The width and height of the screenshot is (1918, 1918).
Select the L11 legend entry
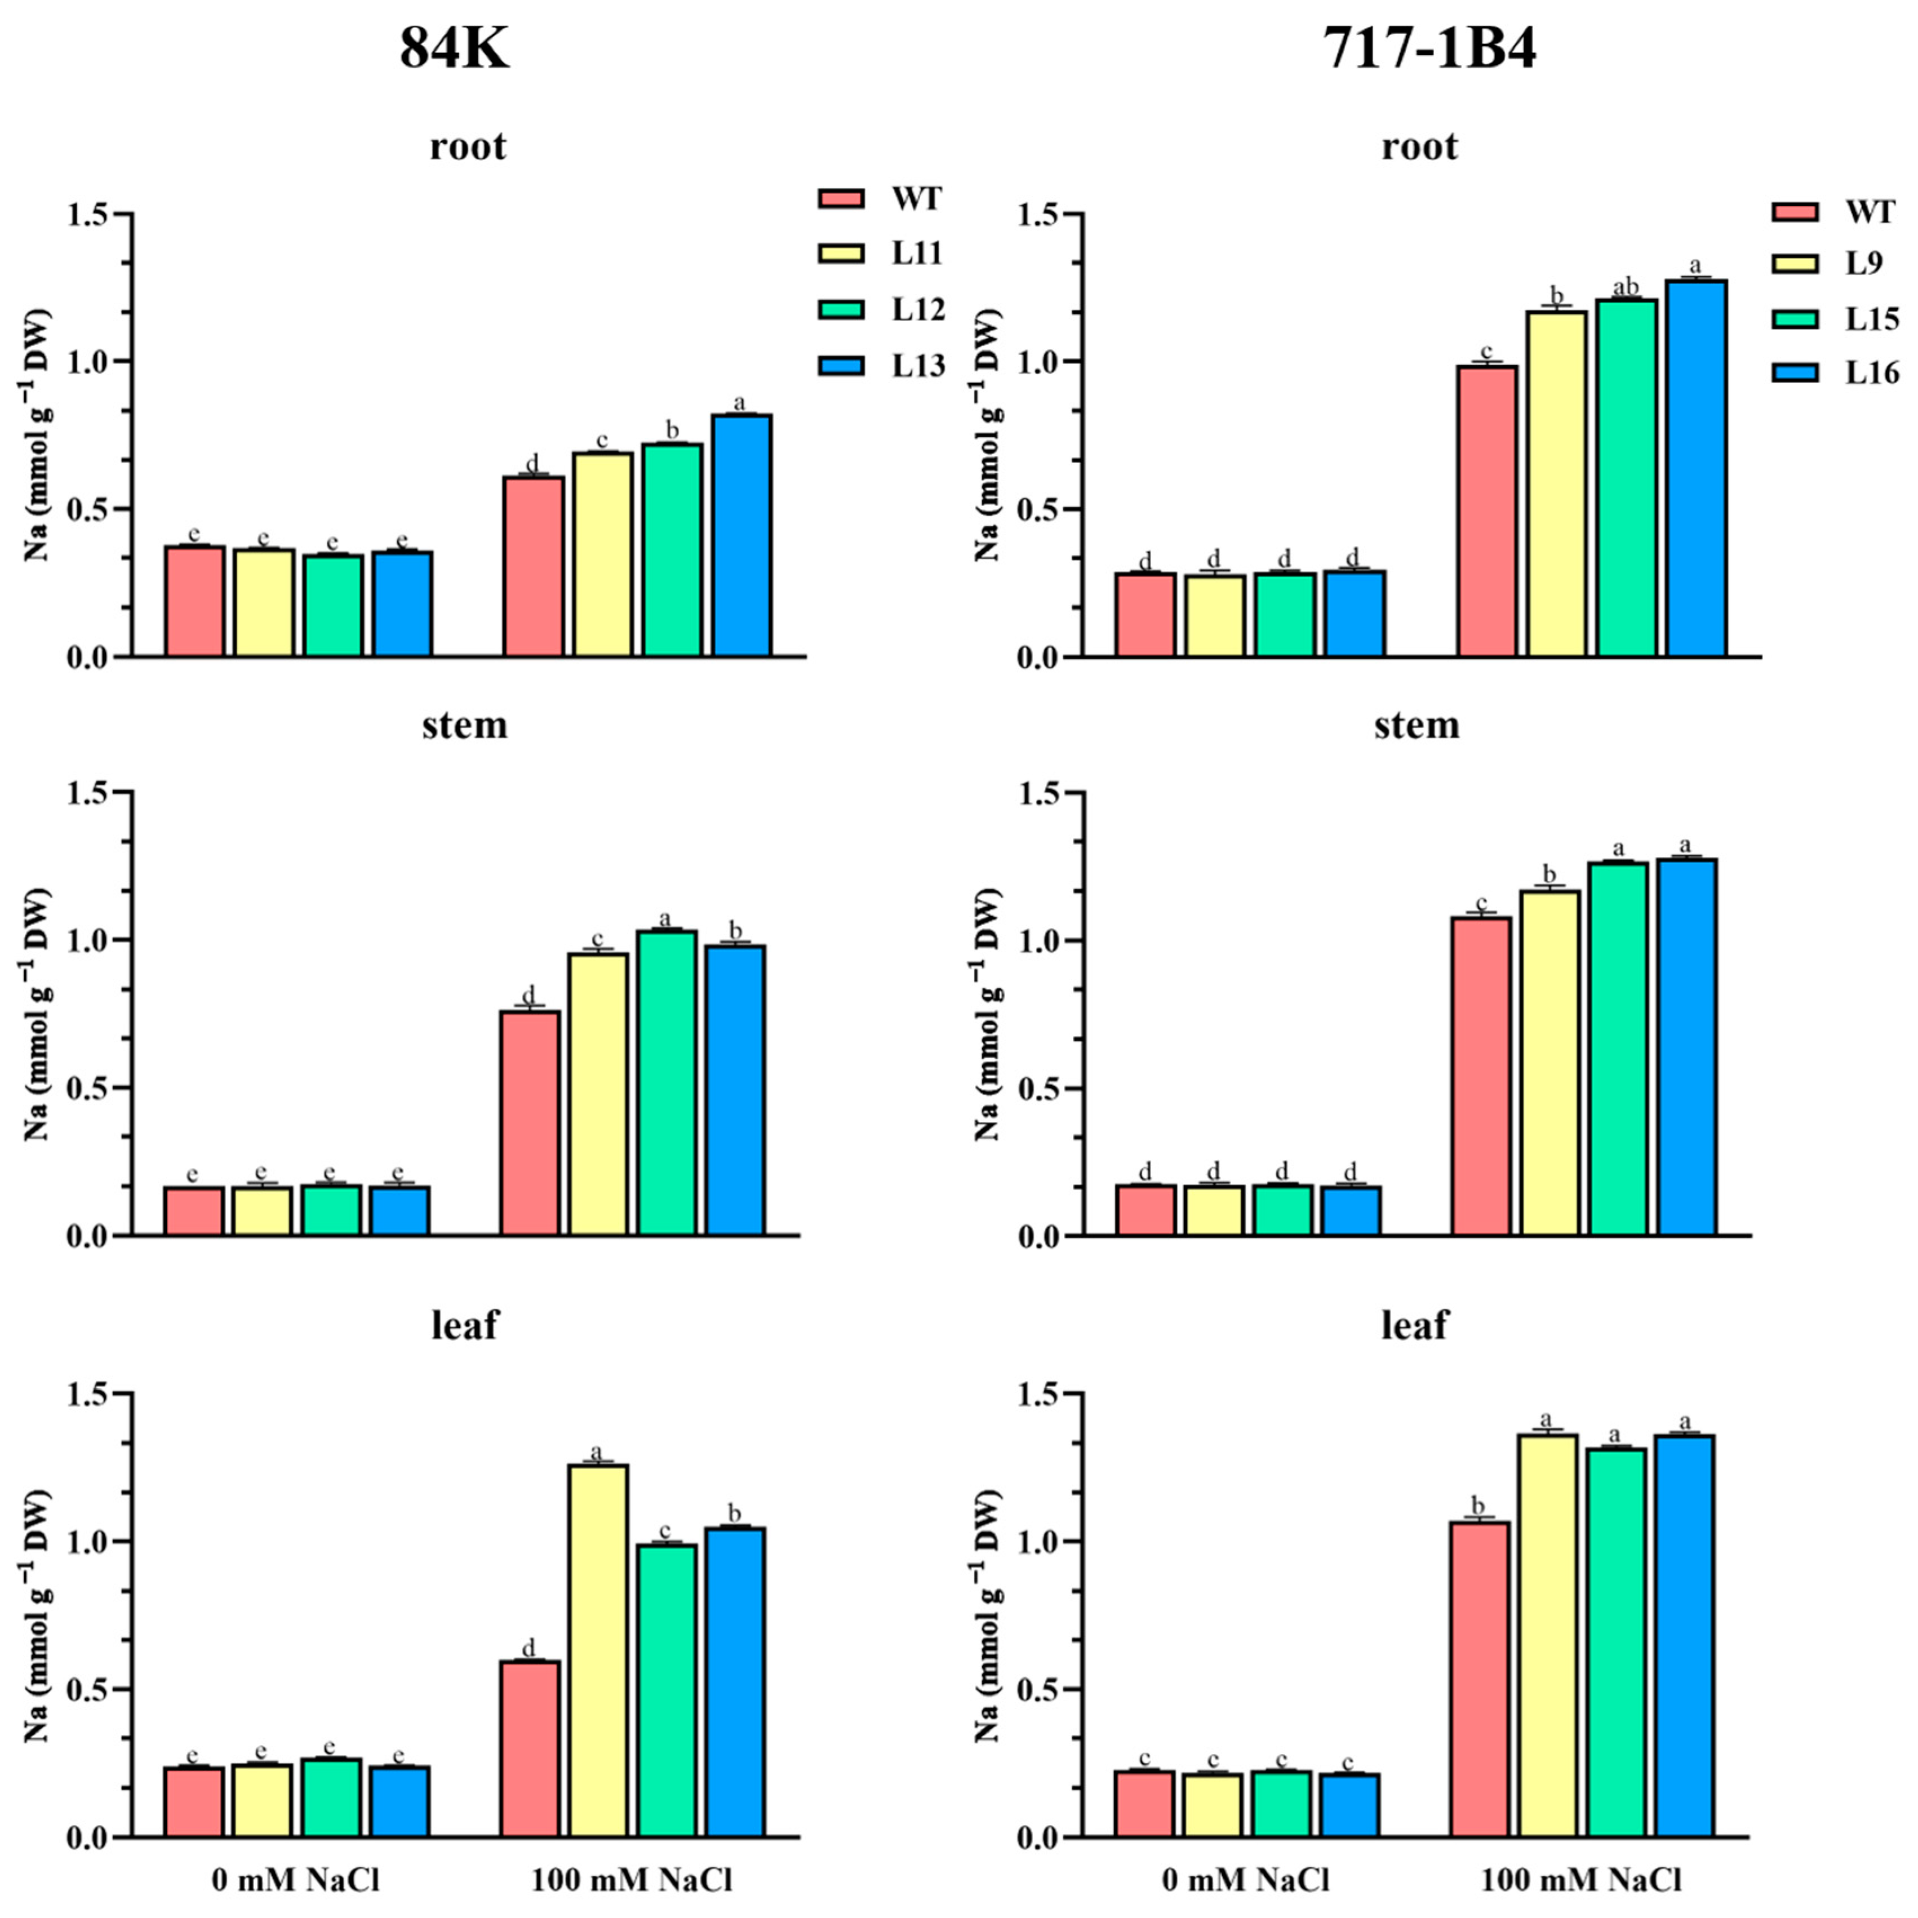[915, 253]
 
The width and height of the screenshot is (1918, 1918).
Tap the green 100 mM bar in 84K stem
[666, 1082]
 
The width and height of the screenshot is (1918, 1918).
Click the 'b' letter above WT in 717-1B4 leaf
[1479, 1503]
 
